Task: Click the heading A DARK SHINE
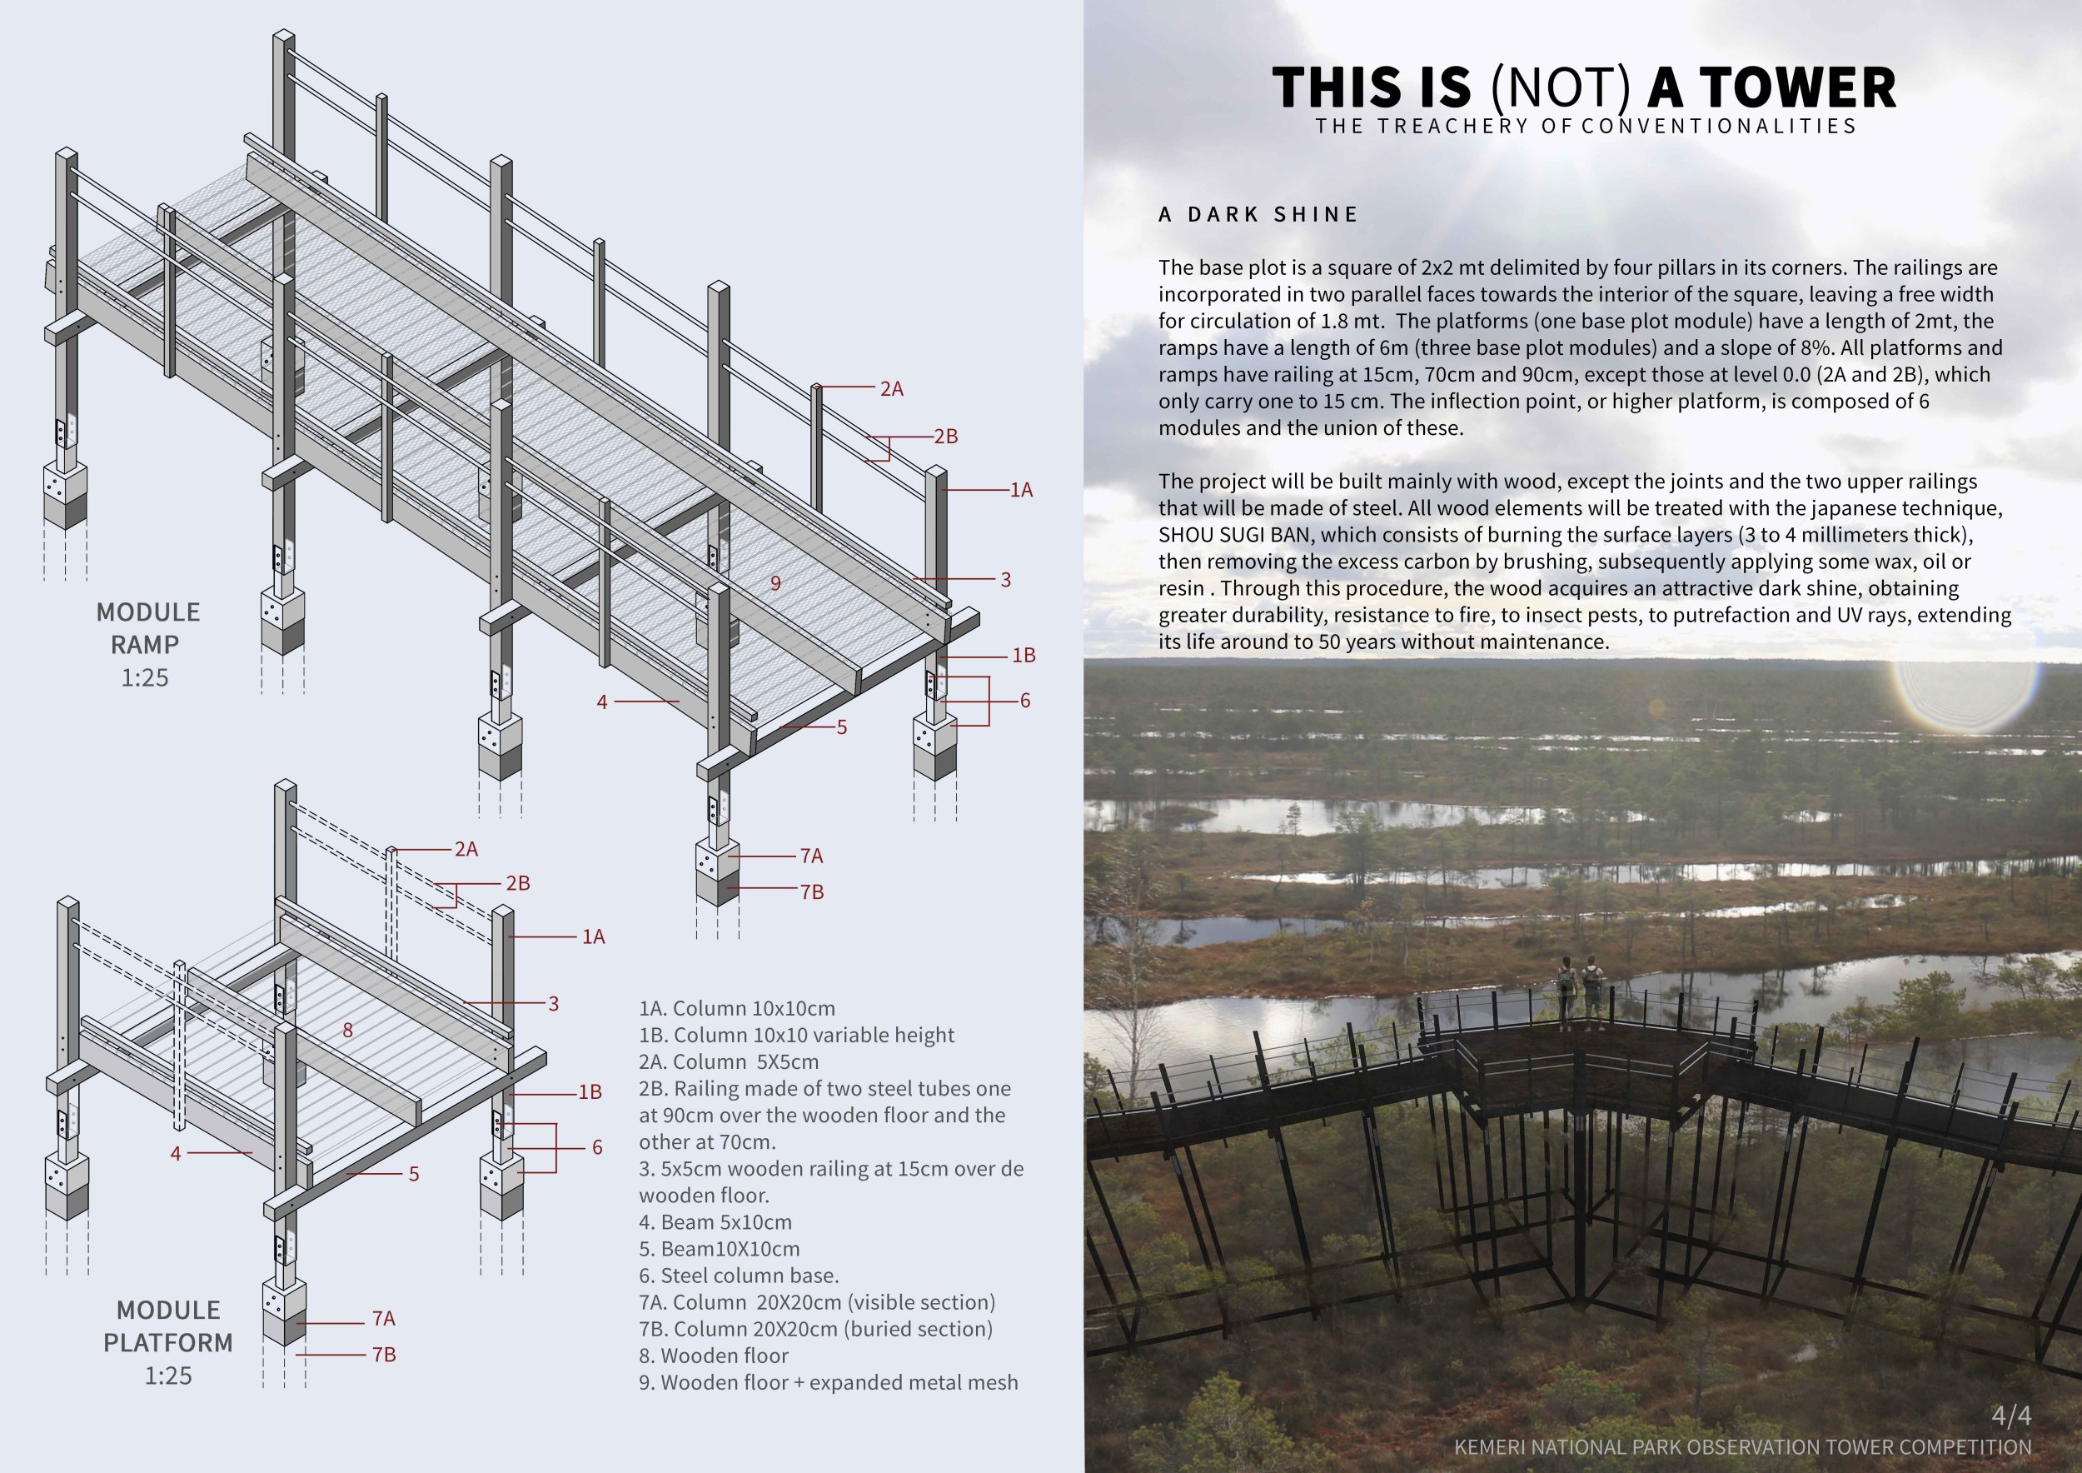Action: [x=1258, y=215]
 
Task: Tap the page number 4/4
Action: [x=2010, y=1415]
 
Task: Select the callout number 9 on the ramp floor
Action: [x=775, y=583]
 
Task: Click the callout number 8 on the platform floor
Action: [x=347, y=1030]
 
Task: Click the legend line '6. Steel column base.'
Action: [x=738, y=1276]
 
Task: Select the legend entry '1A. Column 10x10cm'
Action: [x=736, y=1009]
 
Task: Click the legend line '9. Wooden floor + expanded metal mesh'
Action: [x=828, y=1382]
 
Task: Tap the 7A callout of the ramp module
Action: [x=812, y=856]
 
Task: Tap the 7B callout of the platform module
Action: [x=384, y=1354]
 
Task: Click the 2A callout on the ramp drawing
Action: [x=891, y=389]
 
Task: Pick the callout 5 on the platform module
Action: [x=414, y=1174]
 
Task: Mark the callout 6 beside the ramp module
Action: [x=1024, y=700]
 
